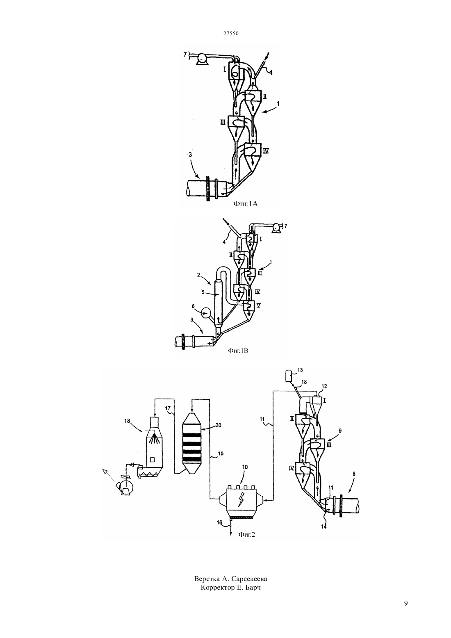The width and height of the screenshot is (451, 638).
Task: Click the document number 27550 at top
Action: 230,33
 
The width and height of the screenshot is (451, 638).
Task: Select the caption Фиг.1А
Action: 246,204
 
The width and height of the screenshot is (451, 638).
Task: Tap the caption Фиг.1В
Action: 238,351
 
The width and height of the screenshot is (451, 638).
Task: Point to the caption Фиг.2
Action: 246,535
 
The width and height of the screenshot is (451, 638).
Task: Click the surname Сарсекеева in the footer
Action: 249,579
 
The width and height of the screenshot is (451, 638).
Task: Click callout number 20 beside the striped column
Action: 218,425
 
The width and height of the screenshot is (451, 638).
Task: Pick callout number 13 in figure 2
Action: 300,370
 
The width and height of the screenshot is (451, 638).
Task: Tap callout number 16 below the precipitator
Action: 219,522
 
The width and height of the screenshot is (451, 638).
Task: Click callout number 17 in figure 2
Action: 168,408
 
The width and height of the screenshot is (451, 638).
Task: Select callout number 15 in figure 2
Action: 221,453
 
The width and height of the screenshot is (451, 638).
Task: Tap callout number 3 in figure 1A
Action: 190,155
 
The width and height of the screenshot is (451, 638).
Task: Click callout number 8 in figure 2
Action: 354,474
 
